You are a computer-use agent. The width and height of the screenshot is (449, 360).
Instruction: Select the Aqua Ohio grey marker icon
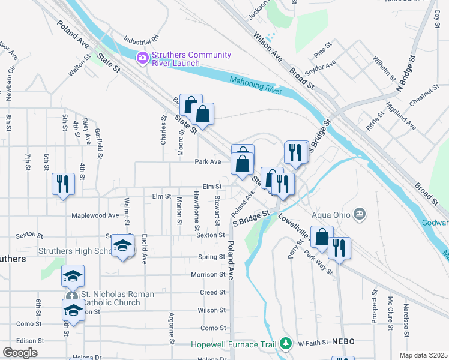(360, 213)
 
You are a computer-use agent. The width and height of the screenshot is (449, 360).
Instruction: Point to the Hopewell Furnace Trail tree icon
(286, 344)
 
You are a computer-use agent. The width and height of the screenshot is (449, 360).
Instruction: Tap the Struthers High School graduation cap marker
(123, 246)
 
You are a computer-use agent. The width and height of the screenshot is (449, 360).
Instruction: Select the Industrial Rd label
(141, 41)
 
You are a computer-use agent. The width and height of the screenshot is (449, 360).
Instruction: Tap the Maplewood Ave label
(95, 215)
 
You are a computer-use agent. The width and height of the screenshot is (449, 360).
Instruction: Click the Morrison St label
(208, 275)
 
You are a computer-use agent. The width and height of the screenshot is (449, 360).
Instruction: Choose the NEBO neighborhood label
(343, 341)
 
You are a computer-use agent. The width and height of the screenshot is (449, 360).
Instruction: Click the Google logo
(20, 353)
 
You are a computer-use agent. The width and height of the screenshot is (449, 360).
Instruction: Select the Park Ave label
(208, 162)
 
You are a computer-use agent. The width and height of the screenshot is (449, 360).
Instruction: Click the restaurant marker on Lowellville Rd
(339, 248)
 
